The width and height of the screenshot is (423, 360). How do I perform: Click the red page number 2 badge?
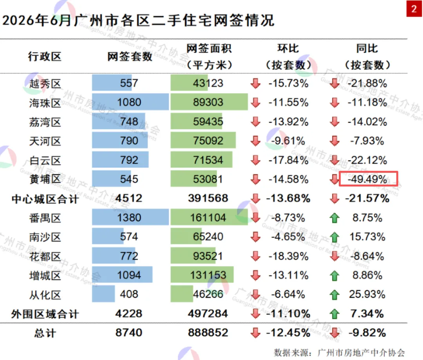coord(414,9)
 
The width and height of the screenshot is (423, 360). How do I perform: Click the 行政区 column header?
coord(45,57)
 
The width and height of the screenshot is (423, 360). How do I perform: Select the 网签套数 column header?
coord(130,57)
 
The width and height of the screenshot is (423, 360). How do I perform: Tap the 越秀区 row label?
coord(45,84)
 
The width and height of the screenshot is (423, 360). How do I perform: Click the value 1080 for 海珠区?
coord(129,102)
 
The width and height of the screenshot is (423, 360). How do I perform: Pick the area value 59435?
coord(208,122)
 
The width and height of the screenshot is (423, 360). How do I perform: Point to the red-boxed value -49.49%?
coord(367,179)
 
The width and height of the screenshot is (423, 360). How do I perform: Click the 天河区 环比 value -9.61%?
coord(288,141)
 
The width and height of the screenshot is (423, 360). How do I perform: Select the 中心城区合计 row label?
coord(45,199)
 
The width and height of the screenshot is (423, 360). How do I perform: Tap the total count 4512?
coord(129,198)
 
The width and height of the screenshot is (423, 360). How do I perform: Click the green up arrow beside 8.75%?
coord(334,218)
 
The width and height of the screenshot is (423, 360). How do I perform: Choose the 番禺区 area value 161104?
coord(208,217)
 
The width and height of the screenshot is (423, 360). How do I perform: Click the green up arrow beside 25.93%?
coord(334,295)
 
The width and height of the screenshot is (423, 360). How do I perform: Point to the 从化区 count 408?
coord(129,294)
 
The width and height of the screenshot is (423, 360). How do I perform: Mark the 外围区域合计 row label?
coord(45,314)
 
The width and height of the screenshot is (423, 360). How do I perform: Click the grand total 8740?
coord(129,333)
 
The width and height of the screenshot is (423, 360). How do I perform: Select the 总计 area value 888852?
coord(208,333)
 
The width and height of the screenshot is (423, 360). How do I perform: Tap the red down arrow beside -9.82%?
coord(334,333)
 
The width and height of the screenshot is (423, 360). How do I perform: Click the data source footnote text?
coord(339,353)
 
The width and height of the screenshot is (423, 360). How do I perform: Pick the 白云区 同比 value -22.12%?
coord(367,160)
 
